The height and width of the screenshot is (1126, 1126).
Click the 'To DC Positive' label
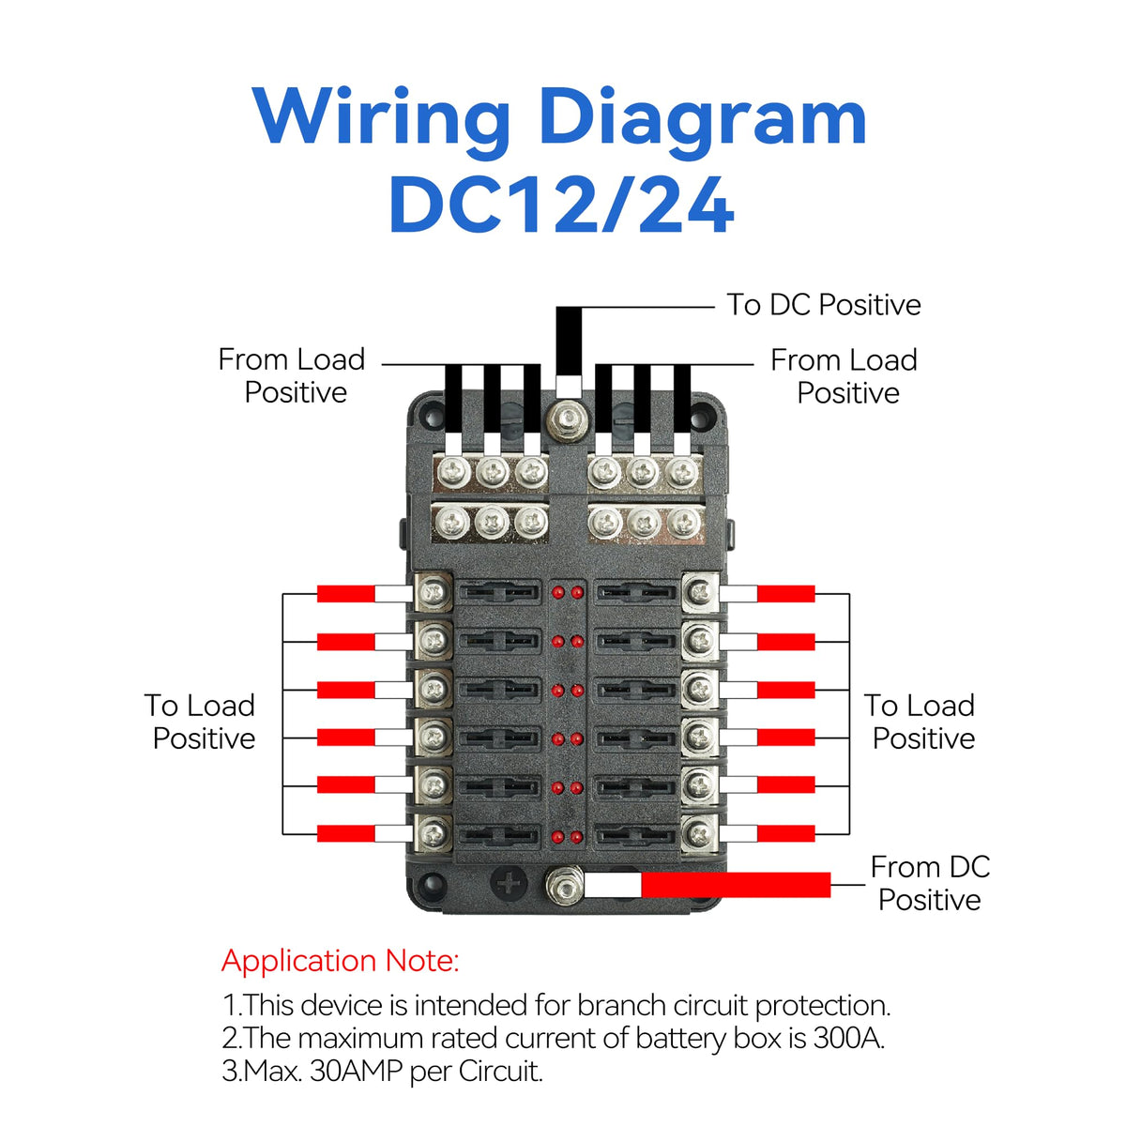[x=823, y=305]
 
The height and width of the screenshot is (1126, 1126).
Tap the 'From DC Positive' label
[x=929, y=883]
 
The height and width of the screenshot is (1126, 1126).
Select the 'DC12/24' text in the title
[x=560, y=205]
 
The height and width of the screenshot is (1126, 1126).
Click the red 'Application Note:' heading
[x=340, y=961]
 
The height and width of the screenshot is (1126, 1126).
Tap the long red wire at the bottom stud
[x=736, y=885]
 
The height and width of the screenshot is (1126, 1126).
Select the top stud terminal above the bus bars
[x=567, y=418]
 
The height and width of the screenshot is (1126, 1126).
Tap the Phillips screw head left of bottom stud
[x=510, y=883]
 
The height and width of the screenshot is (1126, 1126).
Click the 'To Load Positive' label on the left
[x=202, y=722]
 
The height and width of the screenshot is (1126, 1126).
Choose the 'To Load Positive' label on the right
[x=921, y=722]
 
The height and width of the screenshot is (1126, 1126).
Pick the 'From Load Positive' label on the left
[x=293, y=375]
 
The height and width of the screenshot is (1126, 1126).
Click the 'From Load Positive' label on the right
[x=844, y=376]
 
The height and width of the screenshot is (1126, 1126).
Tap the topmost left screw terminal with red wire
[x=433, y=593]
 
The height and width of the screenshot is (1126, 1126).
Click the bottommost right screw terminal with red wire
[x=699, y=833]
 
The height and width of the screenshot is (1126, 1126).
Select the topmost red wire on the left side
[x=345, y=593]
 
